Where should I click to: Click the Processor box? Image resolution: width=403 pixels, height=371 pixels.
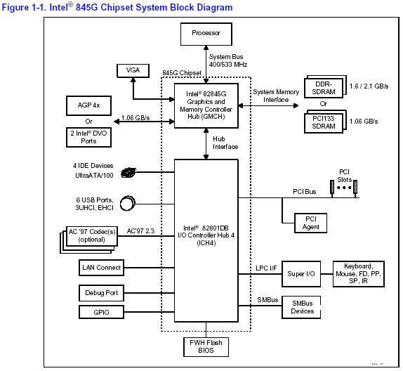(206, 34)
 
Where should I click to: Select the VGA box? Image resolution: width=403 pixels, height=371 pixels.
(133, 71)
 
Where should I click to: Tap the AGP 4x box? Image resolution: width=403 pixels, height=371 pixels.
(88, 105)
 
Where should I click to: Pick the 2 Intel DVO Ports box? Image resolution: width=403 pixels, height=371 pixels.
(88, 138)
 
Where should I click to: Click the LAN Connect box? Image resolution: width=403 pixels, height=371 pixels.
(101, 268)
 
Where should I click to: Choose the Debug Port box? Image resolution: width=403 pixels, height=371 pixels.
(101, 293)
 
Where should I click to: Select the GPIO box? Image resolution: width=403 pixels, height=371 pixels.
(101, 312)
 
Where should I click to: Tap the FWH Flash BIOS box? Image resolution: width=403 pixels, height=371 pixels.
(206, 347)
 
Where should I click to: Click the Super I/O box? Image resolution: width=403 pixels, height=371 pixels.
(301, 274)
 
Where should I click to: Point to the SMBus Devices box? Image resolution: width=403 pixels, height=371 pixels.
(301, 307)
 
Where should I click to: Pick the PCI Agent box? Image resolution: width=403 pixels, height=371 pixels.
(310, 223)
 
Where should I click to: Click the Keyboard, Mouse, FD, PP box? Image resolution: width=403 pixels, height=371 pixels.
(359, 274)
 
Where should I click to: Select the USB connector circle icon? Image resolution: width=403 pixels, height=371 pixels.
(128, 204)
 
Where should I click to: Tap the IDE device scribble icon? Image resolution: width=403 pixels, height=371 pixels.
(128, 172)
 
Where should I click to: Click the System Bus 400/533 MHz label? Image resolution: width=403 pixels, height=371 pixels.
(228, 60)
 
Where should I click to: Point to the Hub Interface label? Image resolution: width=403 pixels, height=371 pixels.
(225, 143)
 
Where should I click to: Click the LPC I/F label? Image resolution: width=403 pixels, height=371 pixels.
(266, 268)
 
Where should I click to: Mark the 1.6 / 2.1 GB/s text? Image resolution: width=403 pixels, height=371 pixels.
(369, 86)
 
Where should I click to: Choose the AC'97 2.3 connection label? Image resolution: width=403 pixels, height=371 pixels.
(140, 231)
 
